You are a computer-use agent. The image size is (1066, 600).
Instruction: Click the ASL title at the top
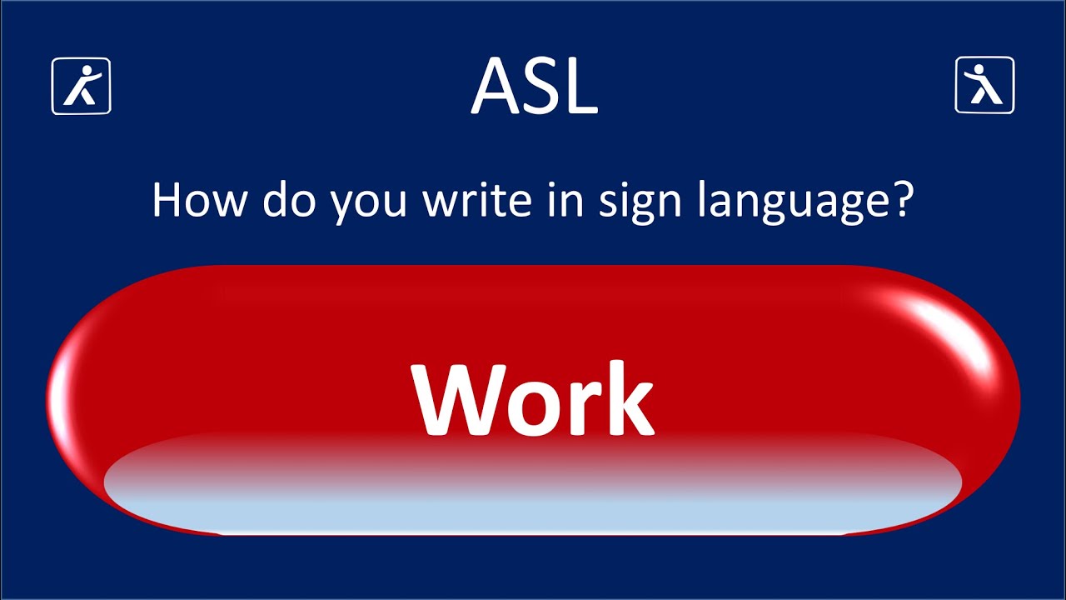click(x=534, y=87)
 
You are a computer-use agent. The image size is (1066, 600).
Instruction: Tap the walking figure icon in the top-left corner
click(x=81, y=85)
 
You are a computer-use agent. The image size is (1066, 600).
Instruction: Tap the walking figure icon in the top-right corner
click(x=984, y=85)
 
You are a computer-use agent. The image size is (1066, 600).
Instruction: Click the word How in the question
click(x=197, y=202)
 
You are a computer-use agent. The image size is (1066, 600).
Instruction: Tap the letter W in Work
click(x=454, y=399)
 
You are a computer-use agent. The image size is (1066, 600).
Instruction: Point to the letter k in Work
click(x=624, y=399)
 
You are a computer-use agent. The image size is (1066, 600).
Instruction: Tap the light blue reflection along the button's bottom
click(x=533, y=504)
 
